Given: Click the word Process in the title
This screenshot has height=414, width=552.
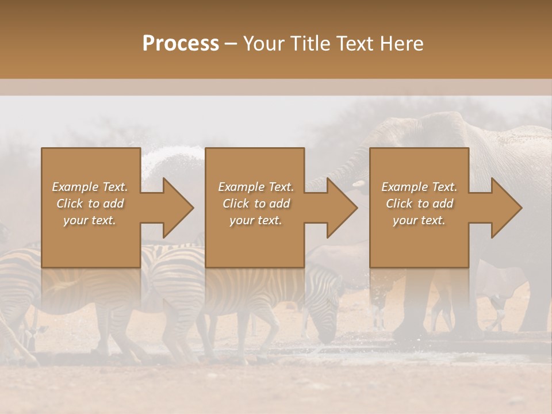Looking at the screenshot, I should pos(181,44).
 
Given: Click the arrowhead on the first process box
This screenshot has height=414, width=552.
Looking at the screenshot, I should pos(178,208).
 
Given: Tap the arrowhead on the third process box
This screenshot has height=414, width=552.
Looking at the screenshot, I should pos(506,208).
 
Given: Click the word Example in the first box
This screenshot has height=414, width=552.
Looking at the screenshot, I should pos(76,187).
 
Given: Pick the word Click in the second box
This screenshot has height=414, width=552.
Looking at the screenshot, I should pos(235,204).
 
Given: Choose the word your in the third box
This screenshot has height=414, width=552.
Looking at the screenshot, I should pos(405,220).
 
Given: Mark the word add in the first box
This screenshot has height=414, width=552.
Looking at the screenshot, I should pos(114,204).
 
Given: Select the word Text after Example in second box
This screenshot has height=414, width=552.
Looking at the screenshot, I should pos(281,187).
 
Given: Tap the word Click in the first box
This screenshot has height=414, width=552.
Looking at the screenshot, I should pos(69,204).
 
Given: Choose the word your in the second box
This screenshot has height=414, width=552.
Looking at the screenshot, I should pos(241,220).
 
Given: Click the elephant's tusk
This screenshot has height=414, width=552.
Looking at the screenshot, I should pos(358,185).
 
